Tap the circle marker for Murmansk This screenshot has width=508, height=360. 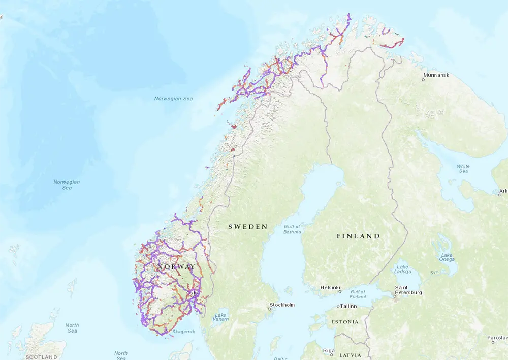pyautogui.click(x=423, y=80)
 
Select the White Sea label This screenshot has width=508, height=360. pyautogui.click(x=463, y=169)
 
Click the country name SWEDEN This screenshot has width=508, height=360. pyautogui.click(x=247, y=227)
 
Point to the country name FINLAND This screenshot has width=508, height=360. pyautogui.click(x=358, y=236)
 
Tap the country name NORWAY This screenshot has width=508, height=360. pyautogui.click(x=176, y=267)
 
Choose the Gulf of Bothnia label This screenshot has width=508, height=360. pyautogui.click(x=292, y=229)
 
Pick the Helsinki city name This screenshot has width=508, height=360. pyautogui.click(x=329, y=288)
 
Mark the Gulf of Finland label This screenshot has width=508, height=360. pyautogui.click(x=358, y=294)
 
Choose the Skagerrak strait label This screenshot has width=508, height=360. pyautogui.click(x=183, y=331)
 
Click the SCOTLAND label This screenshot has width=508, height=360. pyautogui.click(x=42, y=357)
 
